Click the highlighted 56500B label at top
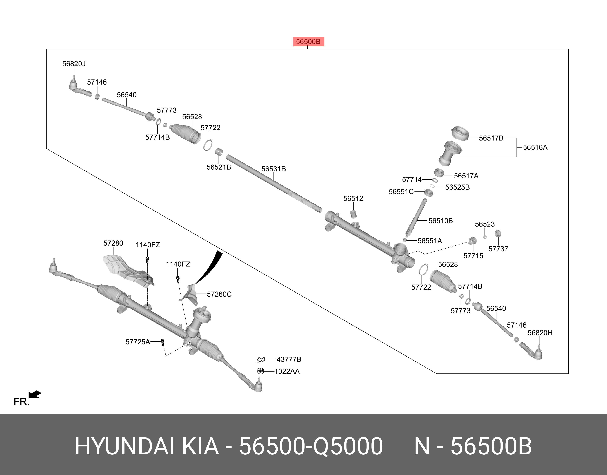point(308,42)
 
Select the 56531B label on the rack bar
point(273,169)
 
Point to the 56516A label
point(535,147)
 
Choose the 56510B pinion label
point(440,221)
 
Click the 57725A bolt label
point(138,342)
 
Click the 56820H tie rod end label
point(540,333)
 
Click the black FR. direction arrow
point(35,394)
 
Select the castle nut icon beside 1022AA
point(261,371)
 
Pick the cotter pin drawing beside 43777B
point(261,360)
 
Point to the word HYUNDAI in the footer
point(124,446)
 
